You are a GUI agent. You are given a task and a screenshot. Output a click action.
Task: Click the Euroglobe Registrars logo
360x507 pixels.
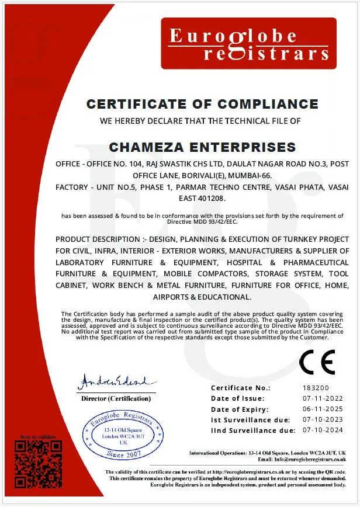pos(249,43)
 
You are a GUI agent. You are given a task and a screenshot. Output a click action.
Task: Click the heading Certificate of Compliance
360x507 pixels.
pos(202,105)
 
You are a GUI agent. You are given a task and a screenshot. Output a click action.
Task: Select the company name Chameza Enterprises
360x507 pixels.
pos(202,147)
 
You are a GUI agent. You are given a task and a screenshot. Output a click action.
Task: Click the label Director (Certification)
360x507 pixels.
pos(116,398)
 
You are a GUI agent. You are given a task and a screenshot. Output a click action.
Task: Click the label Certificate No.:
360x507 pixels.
pos(240,388)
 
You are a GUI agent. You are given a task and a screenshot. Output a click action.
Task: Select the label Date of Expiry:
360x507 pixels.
pos(240,409)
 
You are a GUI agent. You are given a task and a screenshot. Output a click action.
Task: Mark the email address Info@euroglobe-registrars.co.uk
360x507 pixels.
pos(309,460)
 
